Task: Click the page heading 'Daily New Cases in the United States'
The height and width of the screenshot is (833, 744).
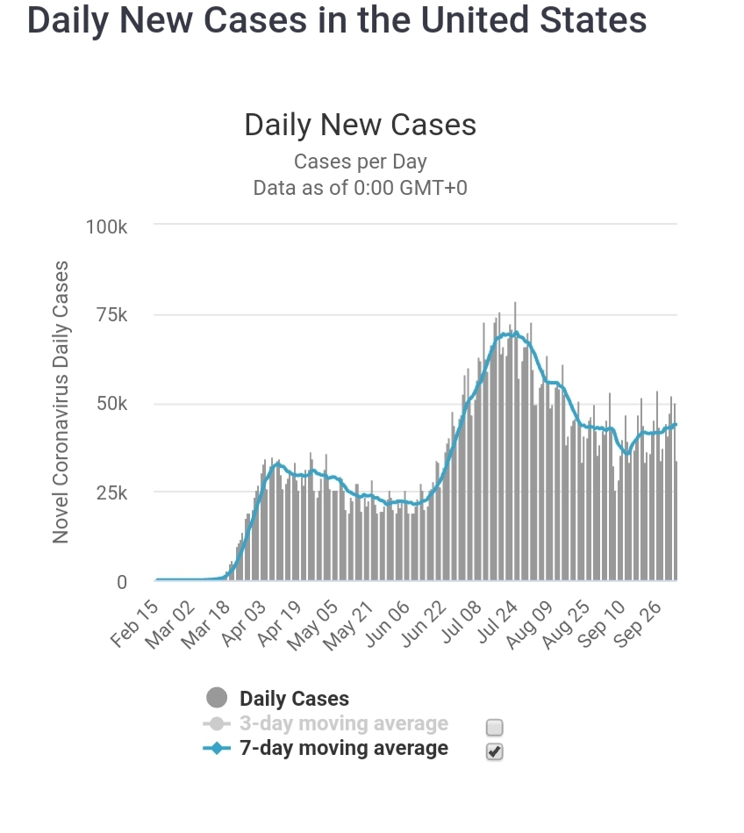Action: [337, 21]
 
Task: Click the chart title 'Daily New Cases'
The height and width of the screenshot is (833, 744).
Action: [360, 125]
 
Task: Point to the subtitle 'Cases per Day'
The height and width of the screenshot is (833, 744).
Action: [360, 162]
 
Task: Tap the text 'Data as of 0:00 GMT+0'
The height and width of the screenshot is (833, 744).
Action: [360, 188]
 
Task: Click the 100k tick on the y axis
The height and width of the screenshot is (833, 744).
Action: [107, 226]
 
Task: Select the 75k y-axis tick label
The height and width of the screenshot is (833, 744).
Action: [111, 315]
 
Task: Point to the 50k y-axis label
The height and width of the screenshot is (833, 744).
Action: [111, 405]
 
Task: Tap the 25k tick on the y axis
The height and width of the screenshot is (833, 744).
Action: [111, 493]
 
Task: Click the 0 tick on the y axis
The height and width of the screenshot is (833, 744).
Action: [121, 582]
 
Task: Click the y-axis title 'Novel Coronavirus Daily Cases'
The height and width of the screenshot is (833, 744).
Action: [61, 401]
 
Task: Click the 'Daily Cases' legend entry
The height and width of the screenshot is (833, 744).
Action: [294, 700]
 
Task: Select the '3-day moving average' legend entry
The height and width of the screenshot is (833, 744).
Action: [343, 724]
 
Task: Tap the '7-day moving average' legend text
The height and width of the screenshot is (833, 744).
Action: [343, 749]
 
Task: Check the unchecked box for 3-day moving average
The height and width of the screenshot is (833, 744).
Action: [495, 727]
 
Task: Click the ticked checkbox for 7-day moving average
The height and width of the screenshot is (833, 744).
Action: [495, 751]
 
